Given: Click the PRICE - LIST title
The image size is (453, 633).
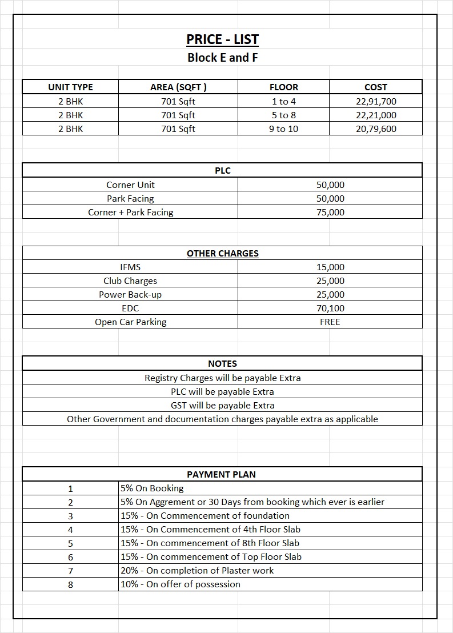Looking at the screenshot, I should tap(222, 39).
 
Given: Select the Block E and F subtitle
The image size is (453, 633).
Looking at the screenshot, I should tap(222, 58).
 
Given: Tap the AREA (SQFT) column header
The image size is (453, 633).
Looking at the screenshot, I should tap(178, 87).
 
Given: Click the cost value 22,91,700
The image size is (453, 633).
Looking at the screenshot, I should tap(375, 102).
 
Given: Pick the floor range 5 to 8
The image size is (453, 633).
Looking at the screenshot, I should tap(283, 115).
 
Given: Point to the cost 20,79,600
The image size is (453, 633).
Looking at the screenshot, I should tap(375, 129).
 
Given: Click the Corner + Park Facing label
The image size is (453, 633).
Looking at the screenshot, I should tap(130, 213).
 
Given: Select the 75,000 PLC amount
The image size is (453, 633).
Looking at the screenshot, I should tap(330, 213).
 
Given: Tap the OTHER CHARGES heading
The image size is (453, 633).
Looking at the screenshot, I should tap(222, 254).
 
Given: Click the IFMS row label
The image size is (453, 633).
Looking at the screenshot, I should tap(130, 267).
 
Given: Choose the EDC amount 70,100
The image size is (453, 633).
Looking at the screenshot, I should tap(330, 309).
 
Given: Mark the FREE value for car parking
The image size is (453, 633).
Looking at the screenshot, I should tap(330, 322).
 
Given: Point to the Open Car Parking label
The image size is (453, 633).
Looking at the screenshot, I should tap(130, 322).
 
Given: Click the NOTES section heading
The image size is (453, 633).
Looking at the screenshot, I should tap(222, 364).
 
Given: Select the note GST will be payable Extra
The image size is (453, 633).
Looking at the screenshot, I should tap(222, 406).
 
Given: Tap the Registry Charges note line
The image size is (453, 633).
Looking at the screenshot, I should tap(222, 378).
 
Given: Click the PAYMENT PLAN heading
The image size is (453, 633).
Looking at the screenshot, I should tap(221, 475).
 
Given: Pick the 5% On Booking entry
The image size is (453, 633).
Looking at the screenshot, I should tap(152, 488).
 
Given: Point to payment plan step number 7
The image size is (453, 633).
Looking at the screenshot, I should tap(70, 571).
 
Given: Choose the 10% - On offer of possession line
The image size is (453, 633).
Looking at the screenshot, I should tap(181, 584).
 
